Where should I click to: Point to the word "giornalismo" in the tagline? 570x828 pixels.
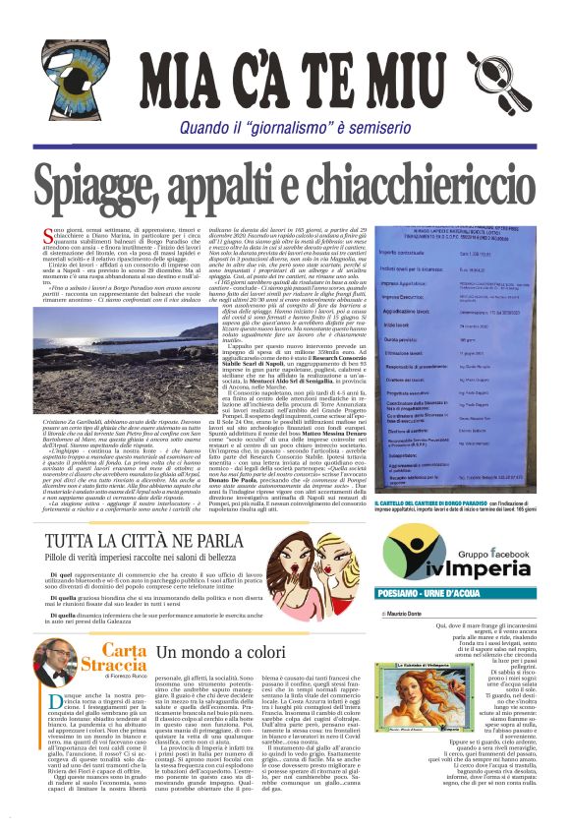click(306, 127)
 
